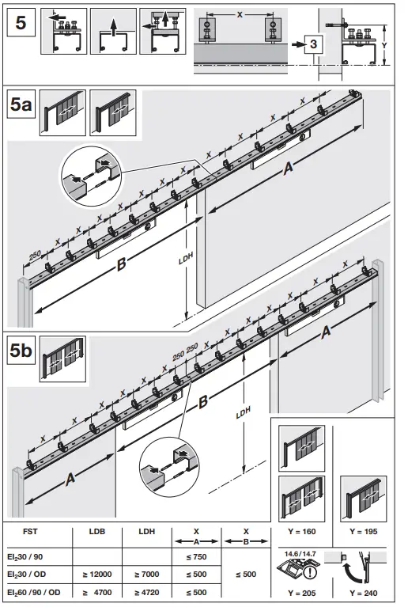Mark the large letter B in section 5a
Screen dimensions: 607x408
121,266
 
